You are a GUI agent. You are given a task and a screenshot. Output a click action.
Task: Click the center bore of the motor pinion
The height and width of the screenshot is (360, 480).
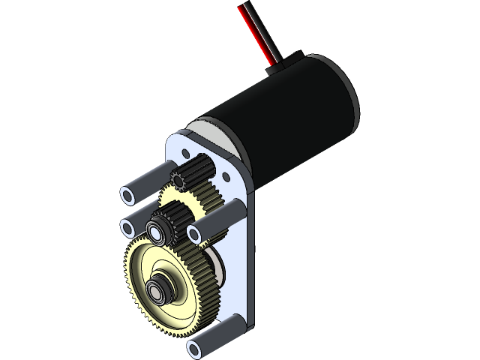[178, 180]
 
